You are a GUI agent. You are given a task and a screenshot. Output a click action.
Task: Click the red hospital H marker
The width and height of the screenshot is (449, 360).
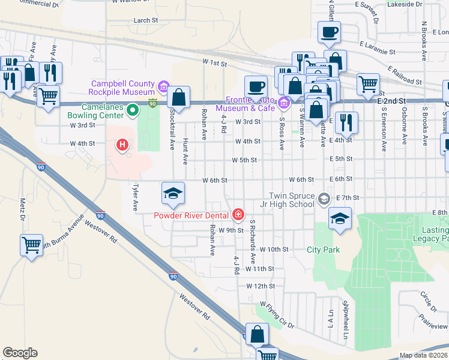click(x=123, y=145)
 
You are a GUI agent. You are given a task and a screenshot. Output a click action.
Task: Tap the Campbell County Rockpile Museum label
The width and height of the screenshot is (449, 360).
click(x=122, y=88)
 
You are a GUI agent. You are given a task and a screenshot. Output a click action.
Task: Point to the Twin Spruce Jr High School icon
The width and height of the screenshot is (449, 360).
click(x=324, y=199)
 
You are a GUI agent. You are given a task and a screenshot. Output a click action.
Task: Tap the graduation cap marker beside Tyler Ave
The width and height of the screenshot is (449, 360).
click(x=173, y=193)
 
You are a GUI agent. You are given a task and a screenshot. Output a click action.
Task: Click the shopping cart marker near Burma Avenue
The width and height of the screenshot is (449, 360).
click(x=31, y=245)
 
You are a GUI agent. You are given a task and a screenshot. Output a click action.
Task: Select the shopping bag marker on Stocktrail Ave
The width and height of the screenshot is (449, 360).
click(x=179, y=97)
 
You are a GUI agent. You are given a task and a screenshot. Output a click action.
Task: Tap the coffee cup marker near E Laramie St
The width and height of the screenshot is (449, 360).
click(x=330, y=32)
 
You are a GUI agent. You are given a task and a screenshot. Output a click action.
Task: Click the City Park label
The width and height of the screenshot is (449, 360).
click(x=323, y=250)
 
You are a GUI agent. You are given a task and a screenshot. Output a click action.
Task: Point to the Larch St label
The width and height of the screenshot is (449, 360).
click(x=145, y=20)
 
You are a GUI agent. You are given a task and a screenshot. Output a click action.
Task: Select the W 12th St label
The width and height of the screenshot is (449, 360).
click(x=260, y=286)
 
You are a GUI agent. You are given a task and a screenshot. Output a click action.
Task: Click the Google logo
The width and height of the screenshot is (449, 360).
click(x=20, y=353)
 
